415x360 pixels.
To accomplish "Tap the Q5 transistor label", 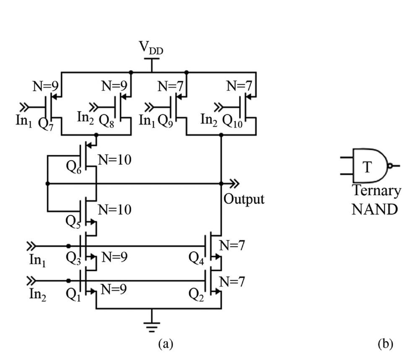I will point(74,220).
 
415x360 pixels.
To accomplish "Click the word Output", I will point(244,199).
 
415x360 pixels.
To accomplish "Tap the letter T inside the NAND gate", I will point(367,167).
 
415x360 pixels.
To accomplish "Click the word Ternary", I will point(376,191).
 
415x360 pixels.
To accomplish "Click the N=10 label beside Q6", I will point(114,159).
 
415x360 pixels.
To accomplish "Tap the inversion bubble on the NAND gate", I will point(390,166).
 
